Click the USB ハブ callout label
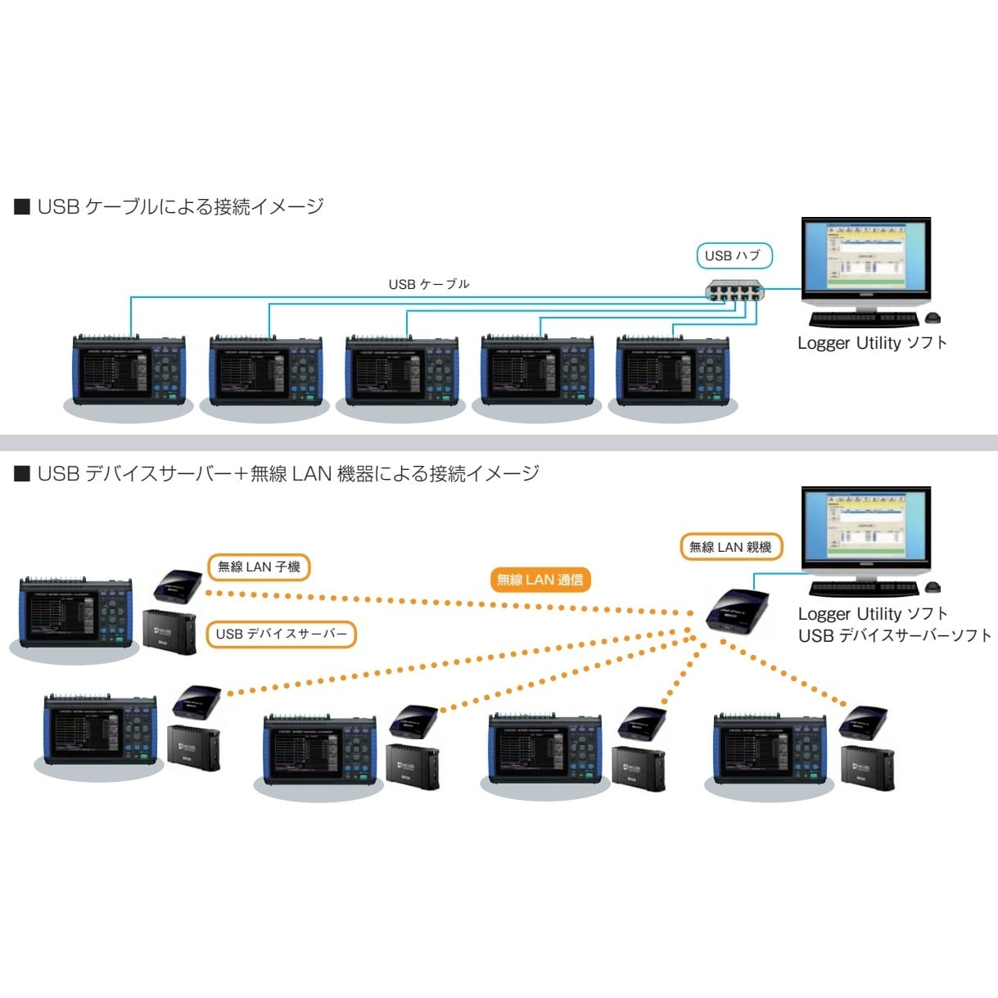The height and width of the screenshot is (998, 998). [734, 255]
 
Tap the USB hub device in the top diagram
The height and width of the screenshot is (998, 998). [735, 290]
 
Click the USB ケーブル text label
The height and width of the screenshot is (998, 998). [429, 284]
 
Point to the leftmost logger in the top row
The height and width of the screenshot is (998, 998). [129, 370]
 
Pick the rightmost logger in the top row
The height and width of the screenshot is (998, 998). [673, 370]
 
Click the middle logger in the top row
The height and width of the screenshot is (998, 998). [401, 370]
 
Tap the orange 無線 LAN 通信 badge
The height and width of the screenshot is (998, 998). [540, 580]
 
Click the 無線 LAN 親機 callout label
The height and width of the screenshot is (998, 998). [730, 547]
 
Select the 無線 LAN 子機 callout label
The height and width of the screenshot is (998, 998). [259, 567]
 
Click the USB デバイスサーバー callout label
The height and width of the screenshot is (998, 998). [281, 634]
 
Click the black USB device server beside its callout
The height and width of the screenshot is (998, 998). [169, 631]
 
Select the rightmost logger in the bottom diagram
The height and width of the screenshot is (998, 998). [770, 748]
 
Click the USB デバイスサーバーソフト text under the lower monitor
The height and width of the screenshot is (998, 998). [894, 635]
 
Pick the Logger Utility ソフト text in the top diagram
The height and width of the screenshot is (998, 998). [872, 343]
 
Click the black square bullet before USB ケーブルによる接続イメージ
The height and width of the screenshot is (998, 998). [22, 206]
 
